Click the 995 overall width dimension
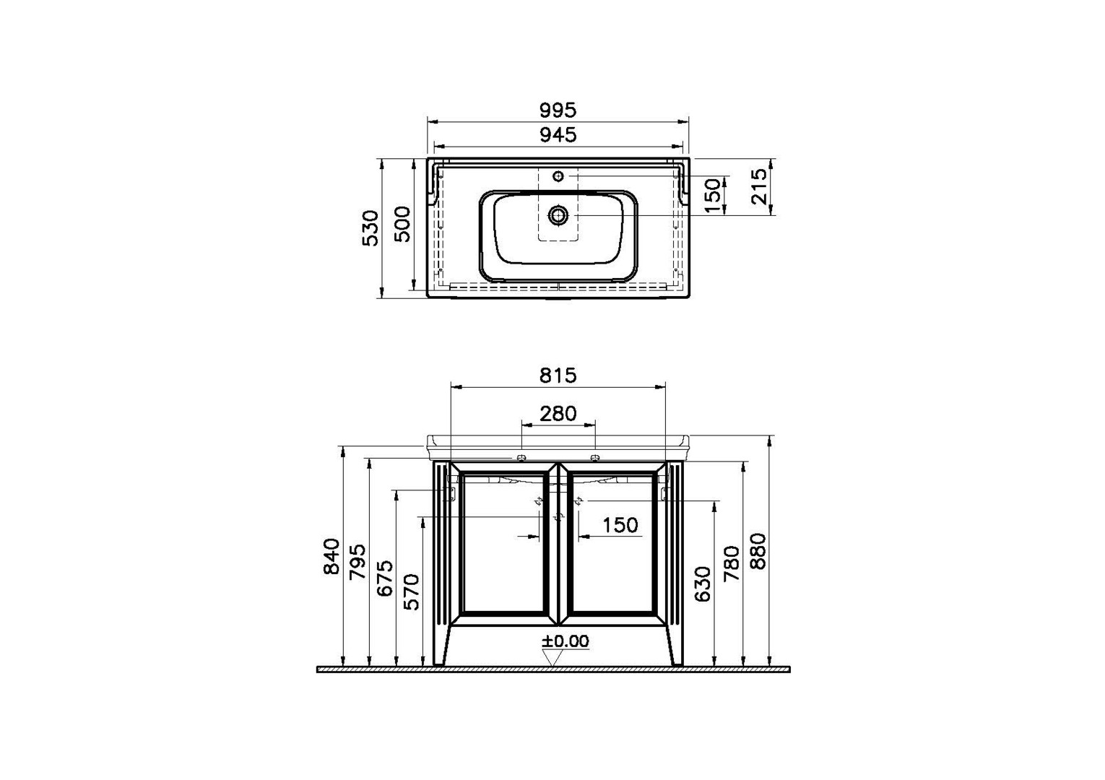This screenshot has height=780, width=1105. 558,110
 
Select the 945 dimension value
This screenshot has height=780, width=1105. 558,134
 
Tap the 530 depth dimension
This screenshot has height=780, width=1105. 370,228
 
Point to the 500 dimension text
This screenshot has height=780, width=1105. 402,224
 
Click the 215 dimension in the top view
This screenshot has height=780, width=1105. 759,186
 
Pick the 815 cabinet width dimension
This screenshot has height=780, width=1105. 558,376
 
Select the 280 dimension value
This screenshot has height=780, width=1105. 558,413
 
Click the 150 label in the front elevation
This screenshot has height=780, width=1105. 620,525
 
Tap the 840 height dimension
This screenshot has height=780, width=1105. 331,557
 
